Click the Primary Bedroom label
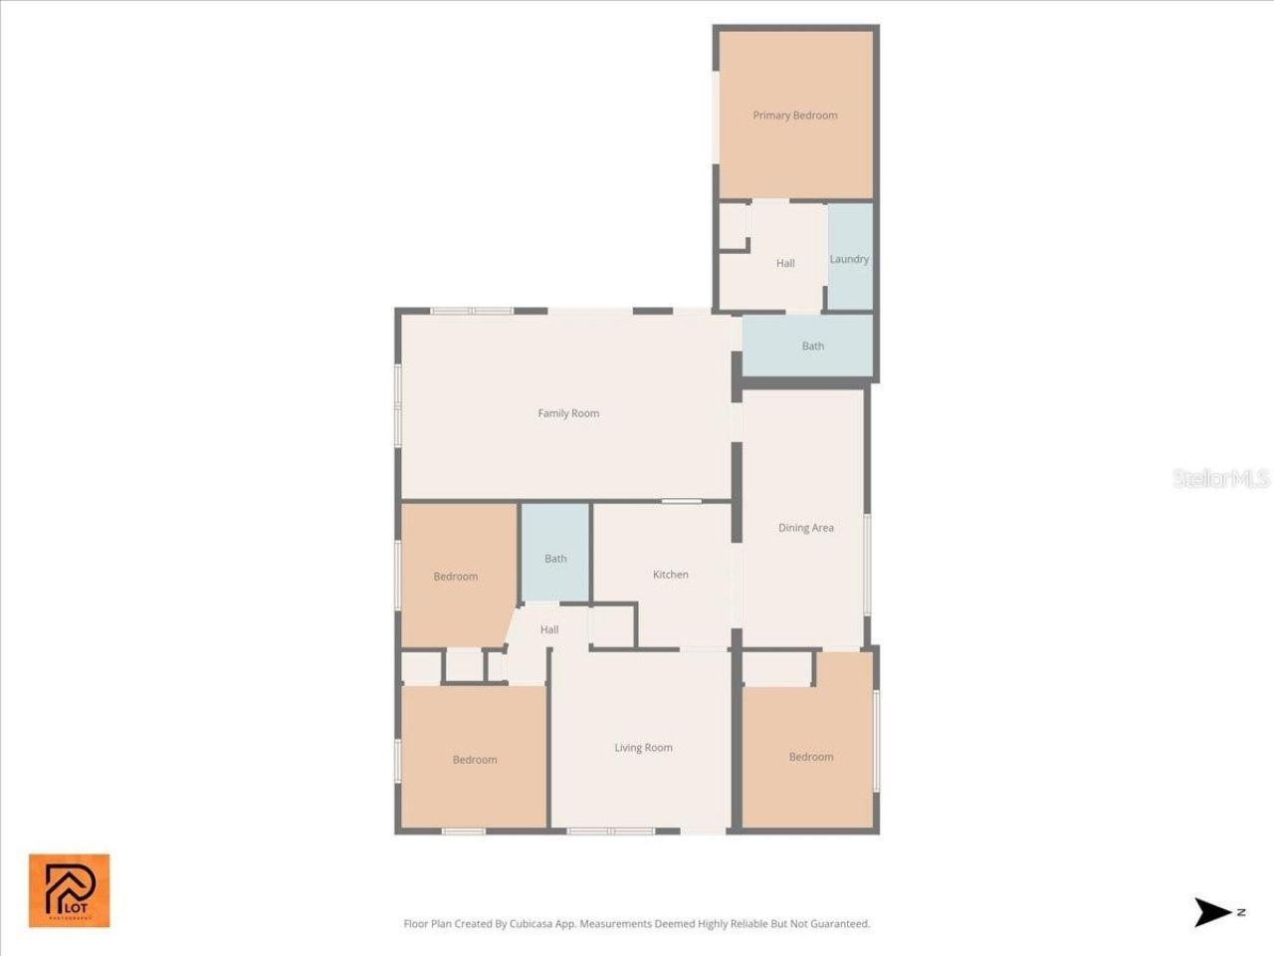794,116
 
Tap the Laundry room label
849,259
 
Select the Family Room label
568,413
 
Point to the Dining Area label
805,528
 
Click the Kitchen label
670,575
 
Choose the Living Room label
643,748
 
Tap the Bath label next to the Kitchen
555,559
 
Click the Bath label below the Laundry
812,347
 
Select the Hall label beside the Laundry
785,264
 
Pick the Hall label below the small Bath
549,630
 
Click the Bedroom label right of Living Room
810,757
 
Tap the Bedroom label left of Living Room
475,760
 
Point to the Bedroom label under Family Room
456,577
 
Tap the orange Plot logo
69,890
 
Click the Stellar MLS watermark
1220,479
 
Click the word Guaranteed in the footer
837,924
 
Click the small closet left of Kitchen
612,625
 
